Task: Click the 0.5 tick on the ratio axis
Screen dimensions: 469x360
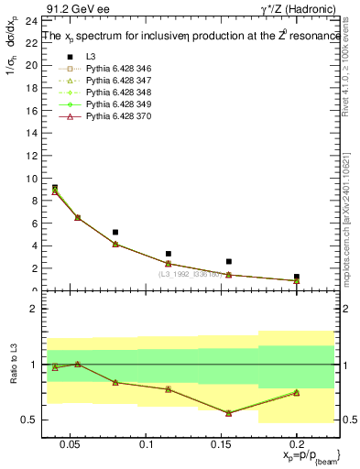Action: (29, 420)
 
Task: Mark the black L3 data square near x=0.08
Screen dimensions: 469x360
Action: (115, 233)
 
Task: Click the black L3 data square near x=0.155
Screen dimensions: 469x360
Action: (228, 261)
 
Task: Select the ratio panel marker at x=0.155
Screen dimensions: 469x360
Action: (228, 413)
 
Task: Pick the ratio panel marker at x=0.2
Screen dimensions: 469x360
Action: (296, 392)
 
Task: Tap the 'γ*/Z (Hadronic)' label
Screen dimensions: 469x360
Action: (307, 7)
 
